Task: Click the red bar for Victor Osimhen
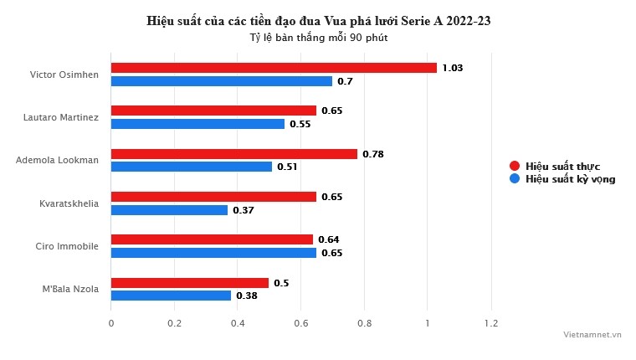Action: (x=274, y=68)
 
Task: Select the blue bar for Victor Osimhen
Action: (x=222, y=81)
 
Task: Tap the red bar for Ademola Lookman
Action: (x=234, y=154)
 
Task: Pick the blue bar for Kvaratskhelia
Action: (x=169, y=210)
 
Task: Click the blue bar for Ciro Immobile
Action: (x=213, y=253)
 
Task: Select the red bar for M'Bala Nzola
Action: (x=190, y=283)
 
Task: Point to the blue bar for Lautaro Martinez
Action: (x=197, y=124)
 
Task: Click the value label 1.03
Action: (x=452, y=68)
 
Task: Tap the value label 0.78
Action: (x=372, y=154)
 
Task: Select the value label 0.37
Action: (x=243, y=210)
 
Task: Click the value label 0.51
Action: (x=287, y=167)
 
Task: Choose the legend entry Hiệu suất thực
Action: (x=562, y=166)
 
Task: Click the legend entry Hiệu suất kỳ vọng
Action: (x=570, y=179)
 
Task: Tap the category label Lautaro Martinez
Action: (x=61, y=117)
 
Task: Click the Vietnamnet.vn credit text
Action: (x=592, y=334)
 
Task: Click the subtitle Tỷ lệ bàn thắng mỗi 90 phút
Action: (x=318, y=38)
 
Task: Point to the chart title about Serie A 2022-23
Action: (x=318, y=21)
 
